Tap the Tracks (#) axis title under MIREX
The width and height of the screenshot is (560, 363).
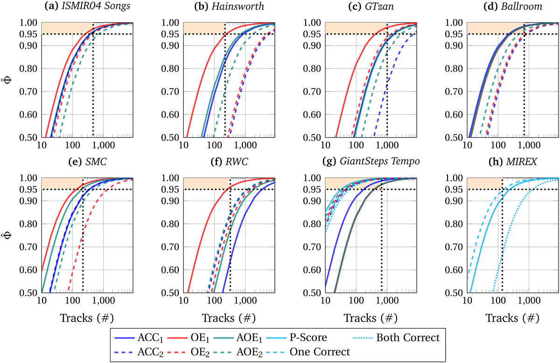(x=512, y=318)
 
